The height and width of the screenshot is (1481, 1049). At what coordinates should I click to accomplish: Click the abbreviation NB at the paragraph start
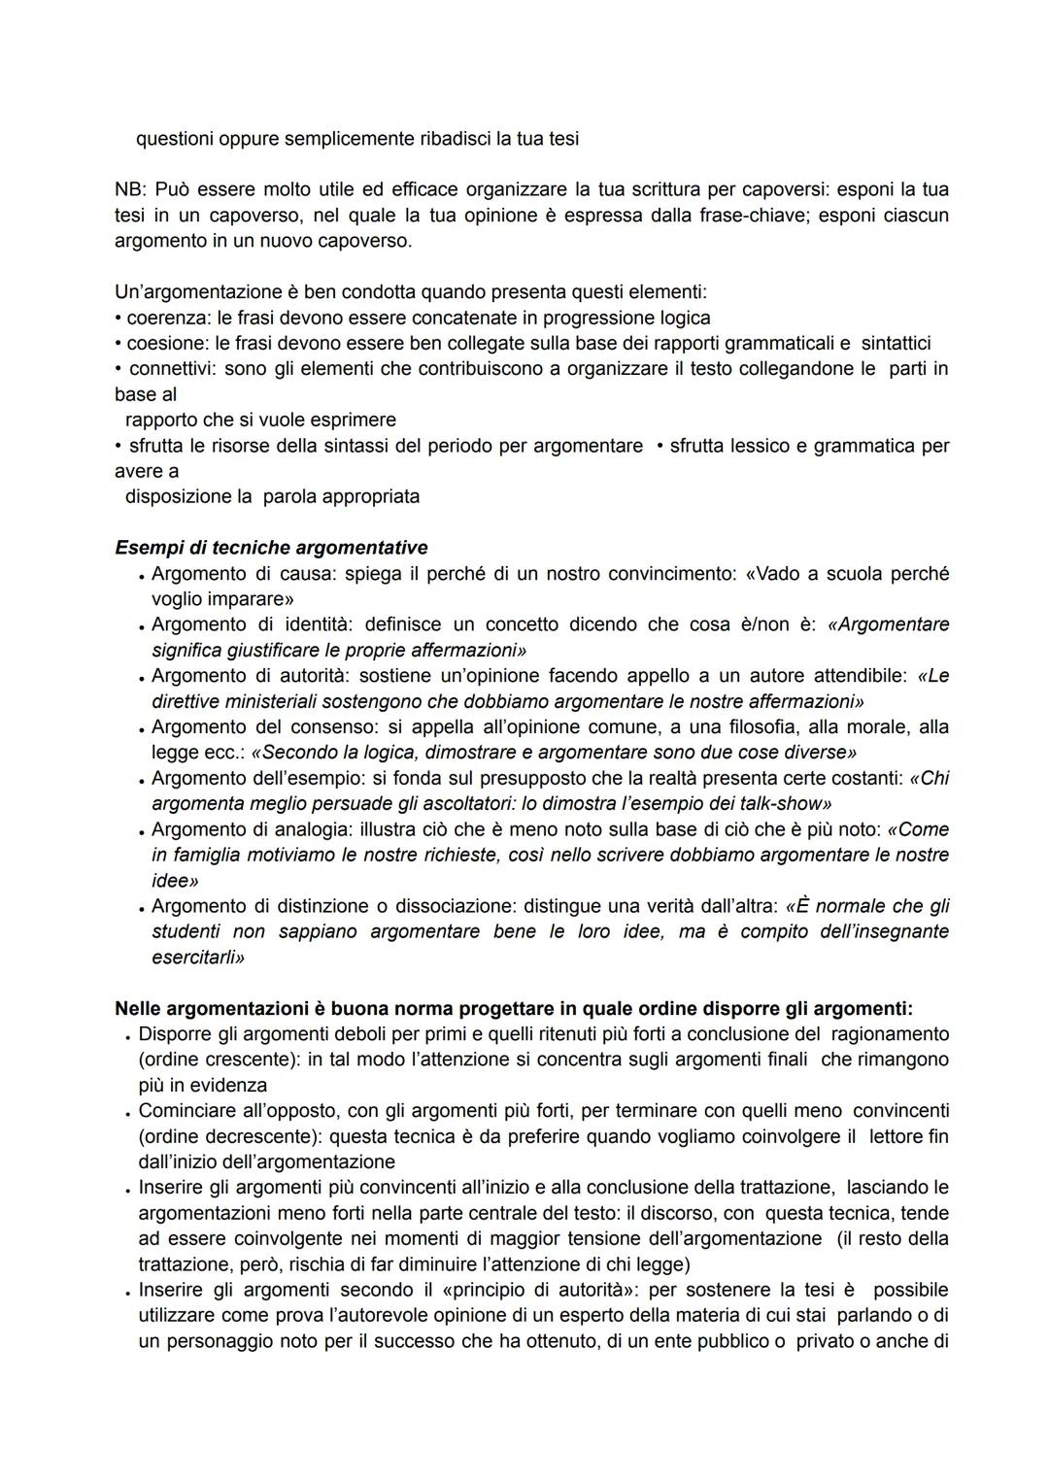128,189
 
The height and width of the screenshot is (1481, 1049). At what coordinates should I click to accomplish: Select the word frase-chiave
751,215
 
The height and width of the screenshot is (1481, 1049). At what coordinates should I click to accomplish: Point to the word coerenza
166,318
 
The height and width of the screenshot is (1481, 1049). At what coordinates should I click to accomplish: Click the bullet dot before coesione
118,344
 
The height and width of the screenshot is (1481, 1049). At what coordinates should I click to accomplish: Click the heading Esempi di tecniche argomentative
271,548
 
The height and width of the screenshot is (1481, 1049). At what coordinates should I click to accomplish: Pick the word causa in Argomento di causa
304,574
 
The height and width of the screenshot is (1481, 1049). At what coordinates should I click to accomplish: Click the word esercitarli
198,958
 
